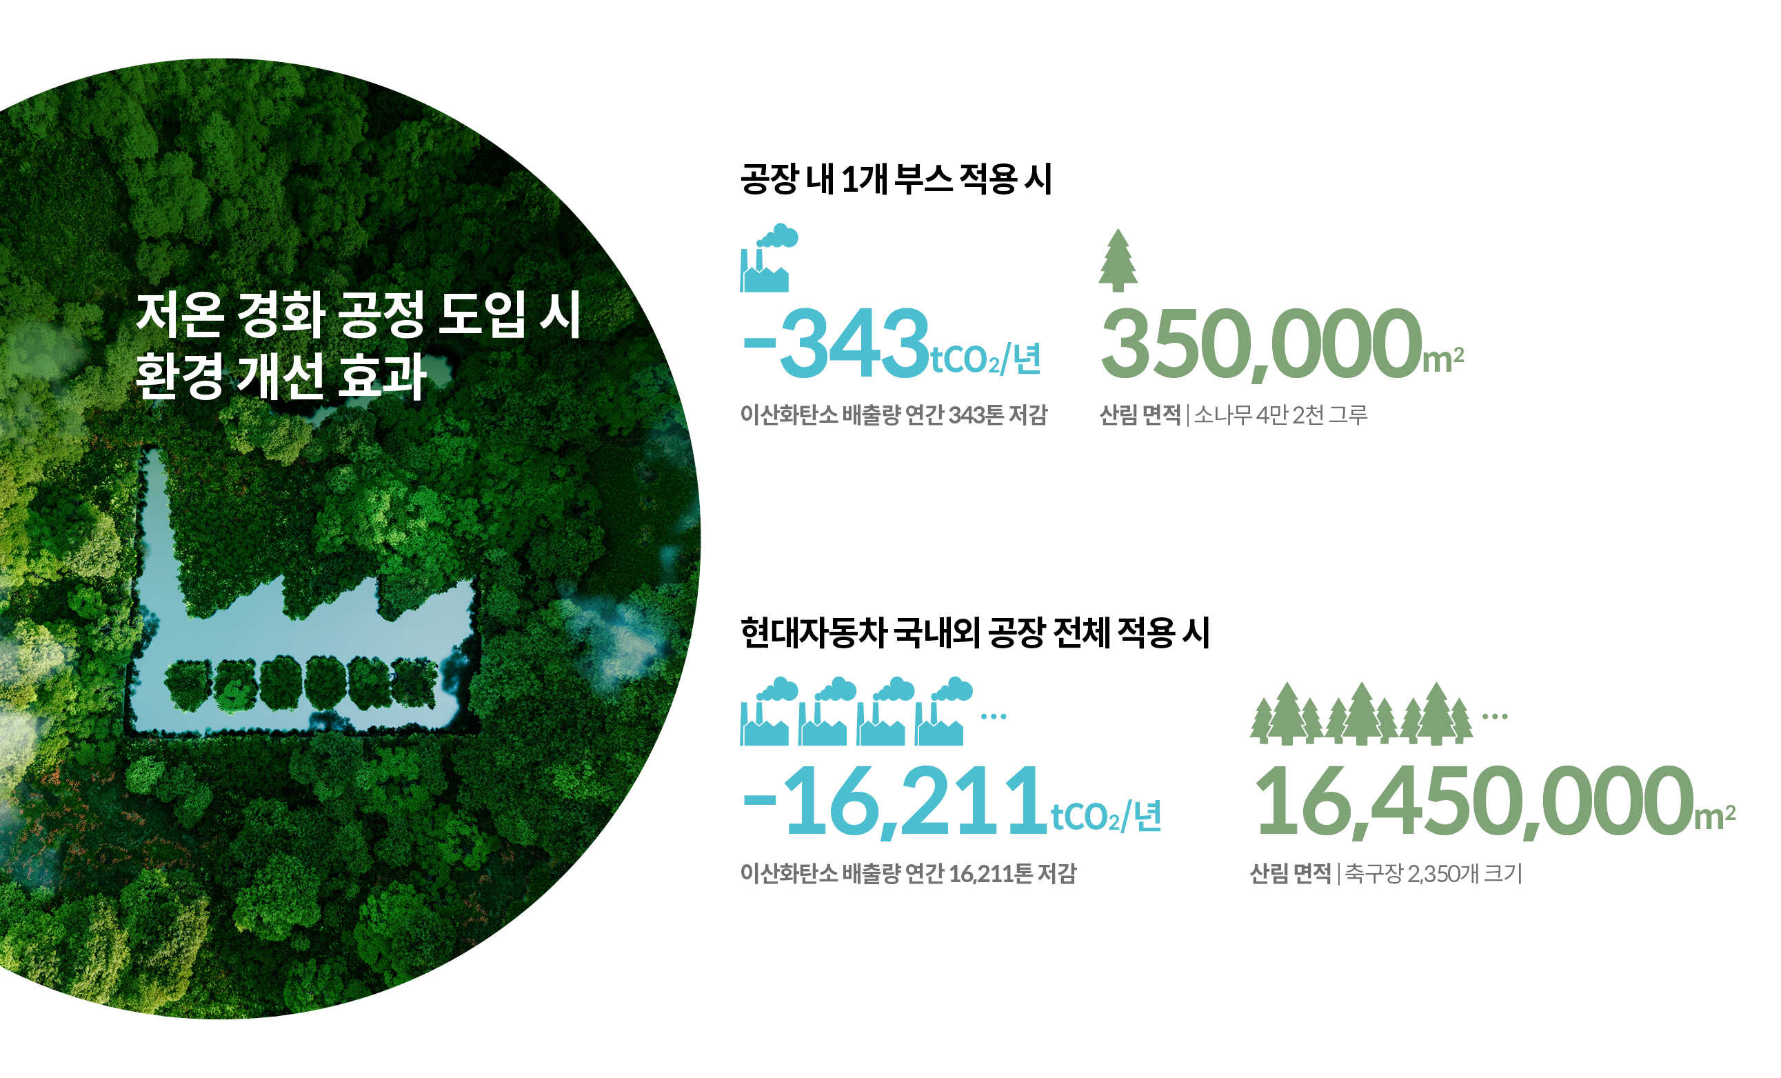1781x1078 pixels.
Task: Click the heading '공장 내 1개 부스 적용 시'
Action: pyautogui.click(x=896, y=179)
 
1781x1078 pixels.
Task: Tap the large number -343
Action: pyautogui.click(x=836, y=343)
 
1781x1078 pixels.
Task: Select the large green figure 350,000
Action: pyautogui.click(x=1260, y=344)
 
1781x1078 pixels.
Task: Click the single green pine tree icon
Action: pyautogui.click(x=1118, y=260)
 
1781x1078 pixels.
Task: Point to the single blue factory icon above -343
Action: pyautogui.click(x=768, y=258)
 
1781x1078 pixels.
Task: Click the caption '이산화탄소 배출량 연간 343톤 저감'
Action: pyautogui.click(x=894, y=415)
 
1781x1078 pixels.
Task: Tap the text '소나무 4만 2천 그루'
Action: pyautogui.click(x=1280, y=415)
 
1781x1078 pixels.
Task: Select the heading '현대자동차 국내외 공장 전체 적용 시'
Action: pyautogui.click(x=974, y=632)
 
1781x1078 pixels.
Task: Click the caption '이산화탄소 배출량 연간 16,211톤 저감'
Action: pyautogui.click(x=908, y=873)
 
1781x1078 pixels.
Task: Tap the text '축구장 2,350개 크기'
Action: pyautogui.click(x=1433, y=873)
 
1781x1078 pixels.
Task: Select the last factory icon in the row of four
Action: pyautogui.click(x=943, y=712)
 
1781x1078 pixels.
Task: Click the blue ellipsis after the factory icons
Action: pyautogui.click(x=993, y=717)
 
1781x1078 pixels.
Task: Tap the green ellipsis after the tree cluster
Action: pyautogui.click(x=1495, y=717)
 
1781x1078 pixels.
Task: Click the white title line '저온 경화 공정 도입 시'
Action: pyautogui.click(x=359, y=315)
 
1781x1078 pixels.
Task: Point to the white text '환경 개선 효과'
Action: pyautogui.click(x=281, y=376)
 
